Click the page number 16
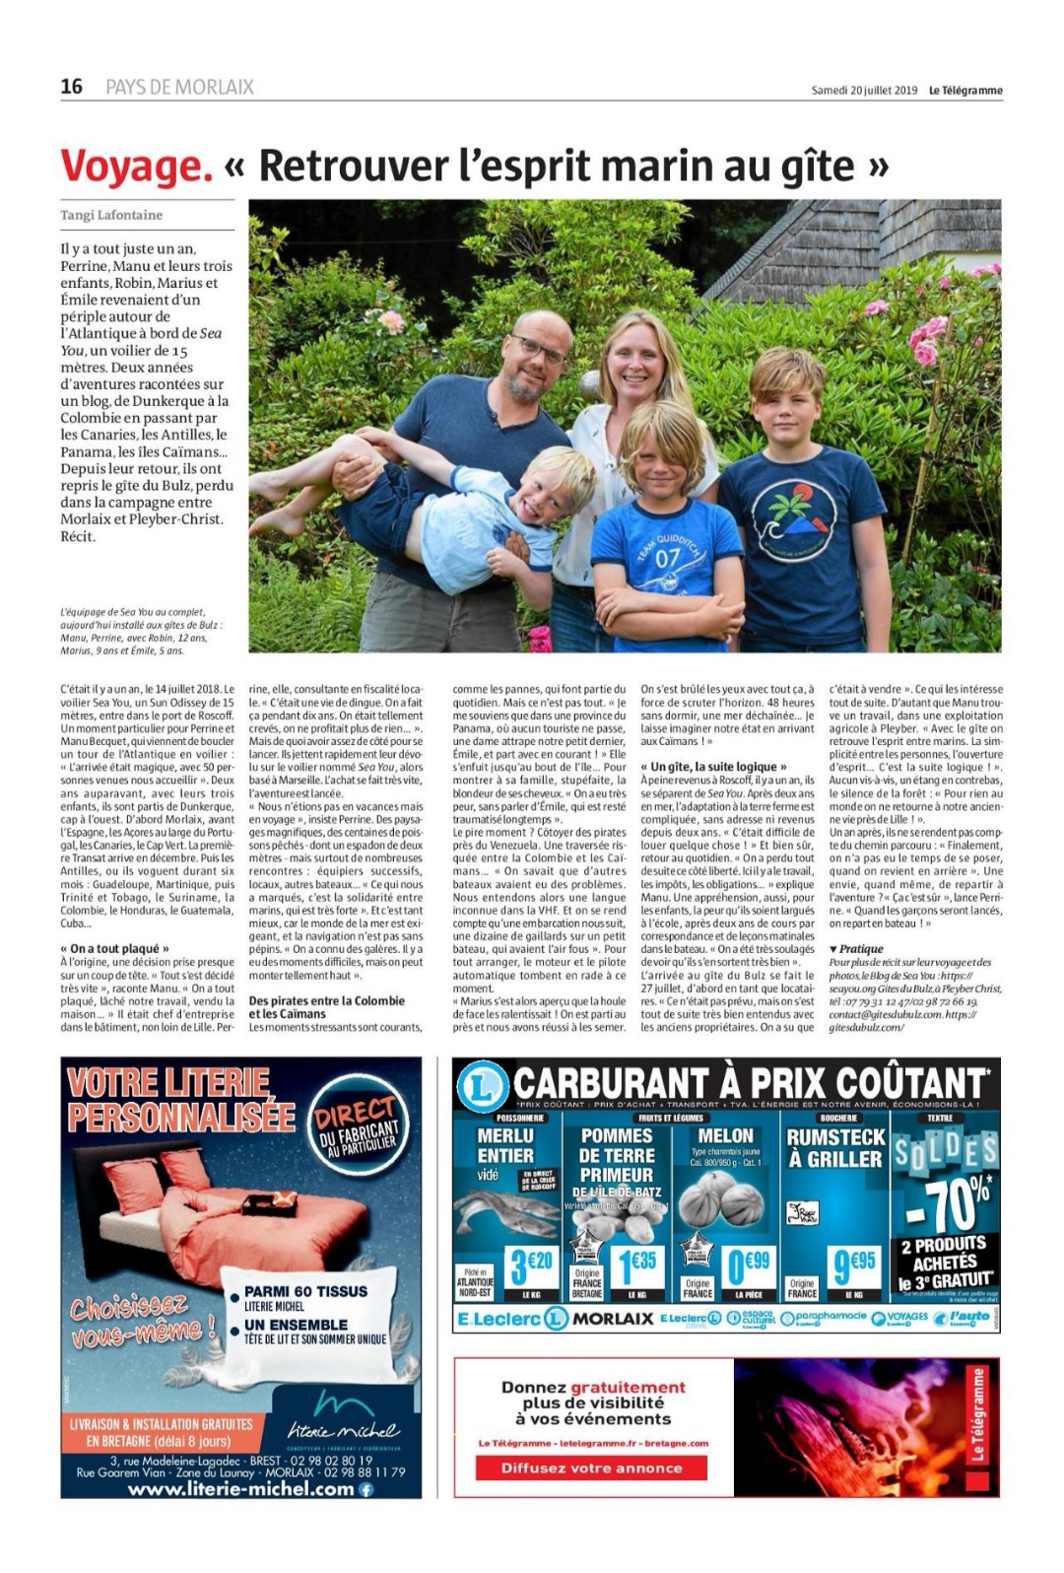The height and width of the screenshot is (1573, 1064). click(x=72, y=87)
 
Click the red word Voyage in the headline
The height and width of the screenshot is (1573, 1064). click(x=136, y=166)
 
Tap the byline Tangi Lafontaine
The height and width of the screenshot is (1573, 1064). click(x=111, y=215)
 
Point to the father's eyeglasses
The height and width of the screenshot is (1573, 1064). click(x=538, y=351)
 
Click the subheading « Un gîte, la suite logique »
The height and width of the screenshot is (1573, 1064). click(x=713, y=766)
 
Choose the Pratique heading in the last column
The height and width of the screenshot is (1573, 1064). click(x=856, y=949)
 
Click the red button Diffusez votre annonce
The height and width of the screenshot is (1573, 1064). click(x=591, y=1468)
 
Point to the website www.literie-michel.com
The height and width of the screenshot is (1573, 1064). click(x=241, y=1489)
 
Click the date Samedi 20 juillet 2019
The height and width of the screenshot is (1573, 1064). click(x=864, y=91)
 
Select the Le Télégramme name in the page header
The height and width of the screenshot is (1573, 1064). click(x=965, y=91)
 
